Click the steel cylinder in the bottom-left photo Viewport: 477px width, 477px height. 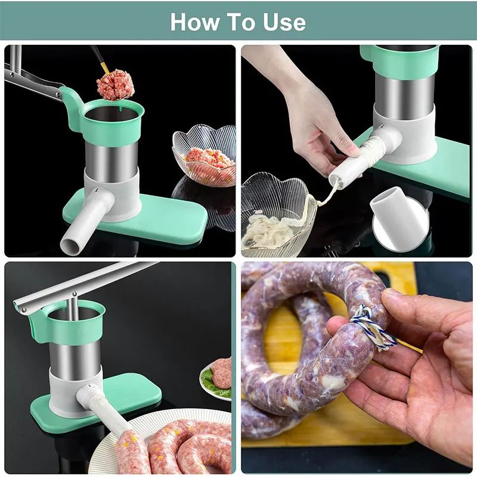75,358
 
